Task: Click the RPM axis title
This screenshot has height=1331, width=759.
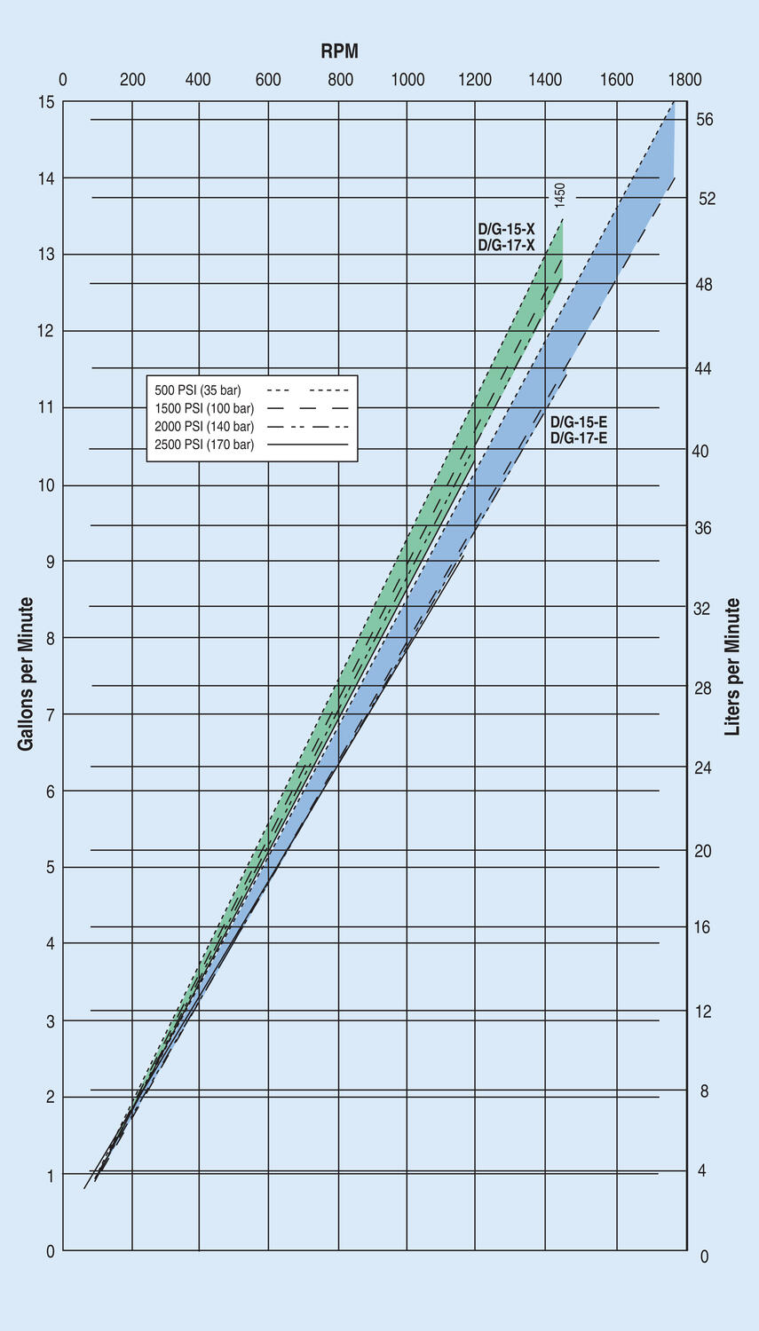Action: point(339,51)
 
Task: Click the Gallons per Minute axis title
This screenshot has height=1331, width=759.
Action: point(26,674)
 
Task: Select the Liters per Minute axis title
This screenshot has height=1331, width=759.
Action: point(732,667)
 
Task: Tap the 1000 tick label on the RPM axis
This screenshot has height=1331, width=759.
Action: point(407,80)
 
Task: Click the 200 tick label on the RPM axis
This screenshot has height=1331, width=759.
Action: point(132,80)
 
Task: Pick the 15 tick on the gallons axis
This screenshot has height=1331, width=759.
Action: point(46,103)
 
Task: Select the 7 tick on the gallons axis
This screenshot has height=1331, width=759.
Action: point(50,714)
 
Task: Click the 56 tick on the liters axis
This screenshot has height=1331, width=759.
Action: point(705,120)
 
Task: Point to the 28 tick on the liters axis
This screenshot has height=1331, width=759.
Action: point(703,689)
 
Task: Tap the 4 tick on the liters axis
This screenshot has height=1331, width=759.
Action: point(702,1171)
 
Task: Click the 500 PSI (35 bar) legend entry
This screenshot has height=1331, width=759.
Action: point(198,390)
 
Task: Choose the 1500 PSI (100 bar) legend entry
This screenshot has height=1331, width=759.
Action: point(204,408)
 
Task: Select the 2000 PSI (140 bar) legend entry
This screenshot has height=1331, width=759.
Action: point(204,427)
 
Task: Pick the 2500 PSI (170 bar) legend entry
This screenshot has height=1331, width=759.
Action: point(204,445)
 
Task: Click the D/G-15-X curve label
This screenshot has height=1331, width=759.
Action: point(506,230)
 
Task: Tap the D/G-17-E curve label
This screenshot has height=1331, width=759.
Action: point(579,437)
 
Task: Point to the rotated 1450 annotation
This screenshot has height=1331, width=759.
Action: point(560,195)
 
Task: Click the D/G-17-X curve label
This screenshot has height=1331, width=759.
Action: point(506,245)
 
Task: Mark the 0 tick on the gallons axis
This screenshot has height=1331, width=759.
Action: point(50,1251)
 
